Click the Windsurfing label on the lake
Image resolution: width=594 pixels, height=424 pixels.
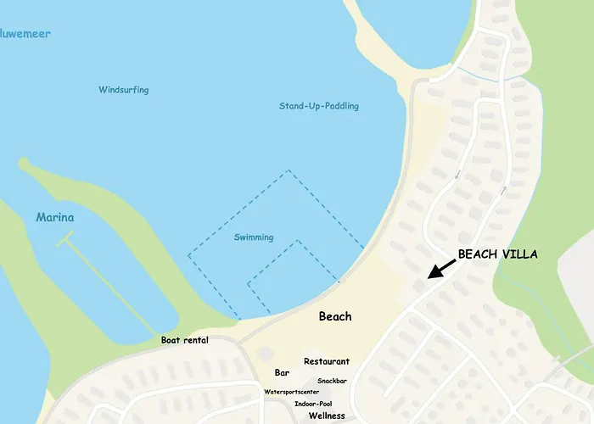click(123, 90)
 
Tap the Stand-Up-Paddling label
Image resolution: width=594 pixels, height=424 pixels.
click(318, 106)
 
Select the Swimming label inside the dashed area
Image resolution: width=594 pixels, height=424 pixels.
click(254, 237)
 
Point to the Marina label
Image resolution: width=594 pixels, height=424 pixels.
click(55, 218)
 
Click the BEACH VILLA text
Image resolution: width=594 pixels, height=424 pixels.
click(497, 254)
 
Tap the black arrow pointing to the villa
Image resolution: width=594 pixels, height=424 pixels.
click(442, 269)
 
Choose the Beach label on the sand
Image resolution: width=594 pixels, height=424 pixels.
click(335, 316)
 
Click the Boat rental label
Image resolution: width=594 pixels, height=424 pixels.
click(185, 340)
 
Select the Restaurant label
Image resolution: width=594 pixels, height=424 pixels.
click(327, 361)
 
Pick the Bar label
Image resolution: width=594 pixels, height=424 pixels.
click(283, 372)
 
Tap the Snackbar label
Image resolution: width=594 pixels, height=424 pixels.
click(332, 381)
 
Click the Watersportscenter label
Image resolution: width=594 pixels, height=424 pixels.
click(291, 392)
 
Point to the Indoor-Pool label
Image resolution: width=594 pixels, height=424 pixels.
click(313, 404)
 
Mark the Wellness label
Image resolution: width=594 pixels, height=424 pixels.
click(327, 416)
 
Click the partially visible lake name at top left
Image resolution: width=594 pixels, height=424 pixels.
click(25, 35)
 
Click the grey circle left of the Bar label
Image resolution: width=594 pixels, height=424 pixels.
click(266, 353)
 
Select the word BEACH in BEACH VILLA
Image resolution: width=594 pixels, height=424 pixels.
click(476, 254)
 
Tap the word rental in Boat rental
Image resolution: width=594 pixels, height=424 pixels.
click(195, 340)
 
